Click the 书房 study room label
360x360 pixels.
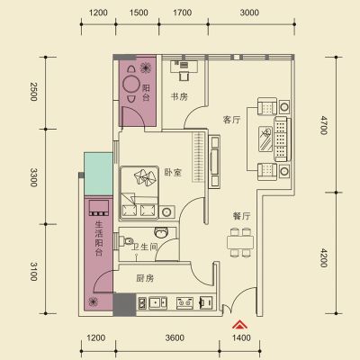179,97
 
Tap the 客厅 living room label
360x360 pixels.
232,120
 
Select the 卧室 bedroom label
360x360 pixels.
173,173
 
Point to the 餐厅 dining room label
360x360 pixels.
241,216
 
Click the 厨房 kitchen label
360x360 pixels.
145,278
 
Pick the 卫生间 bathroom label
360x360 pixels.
145,247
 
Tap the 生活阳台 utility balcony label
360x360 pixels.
99,238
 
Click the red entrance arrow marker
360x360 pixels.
240,325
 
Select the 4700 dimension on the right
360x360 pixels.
323,125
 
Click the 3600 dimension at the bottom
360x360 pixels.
175,338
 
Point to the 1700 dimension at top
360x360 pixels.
183,13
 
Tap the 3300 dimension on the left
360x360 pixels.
33,177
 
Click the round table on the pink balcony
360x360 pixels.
130,84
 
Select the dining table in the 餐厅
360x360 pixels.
240,243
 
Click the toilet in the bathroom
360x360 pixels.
126,241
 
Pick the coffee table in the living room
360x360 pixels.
265,139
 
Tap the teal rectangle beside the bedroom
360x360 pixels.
98,174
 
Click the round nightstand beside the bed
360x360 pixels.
166,212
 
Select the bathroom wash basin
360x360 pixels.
161,232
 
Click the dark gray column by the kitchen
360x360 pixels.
124,304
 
